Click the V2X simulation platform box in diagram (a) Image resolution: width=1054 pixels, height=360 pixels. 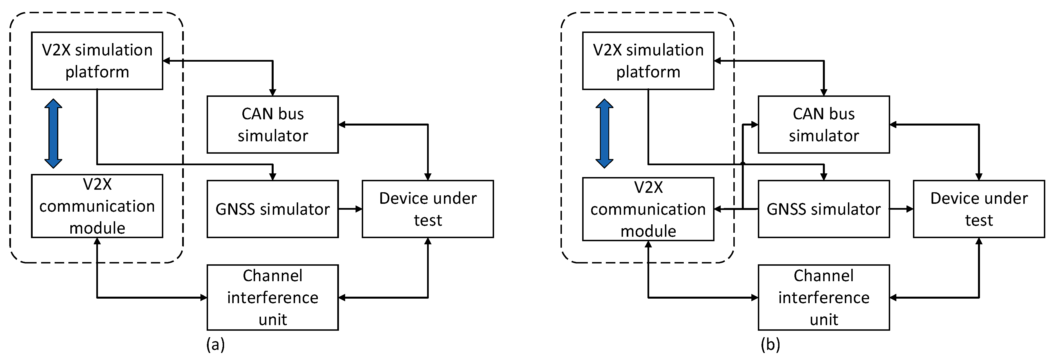click(x=97, y=61)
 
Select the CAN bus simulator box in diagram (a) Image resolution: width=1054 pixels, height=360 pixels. click(x=273, y=124)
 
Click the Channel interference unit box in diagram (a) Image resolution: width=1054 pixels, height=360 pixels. click(x=273, y=298)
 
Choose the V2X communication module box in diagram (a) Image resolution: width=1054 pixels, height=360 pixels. click(x=97, y=206)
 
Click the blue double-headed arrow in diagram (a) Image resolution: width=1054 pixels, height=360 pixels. click(x=53, y=133)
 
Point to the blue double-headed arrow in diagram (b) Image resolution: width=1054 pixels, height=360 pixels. click(x=604, y=133)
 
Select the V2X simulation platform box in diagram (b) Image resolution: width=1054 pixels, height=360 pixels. click(x=648, y=61)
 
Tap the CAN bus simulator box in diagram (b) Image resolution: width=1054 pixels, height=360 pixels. click(x=824, y=124)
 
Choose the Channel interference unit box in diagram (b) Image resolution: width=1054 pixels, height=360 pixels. click(x=824, y=298)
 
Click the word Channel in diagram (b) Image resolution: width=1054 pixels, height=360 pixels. click(x=824, y=276)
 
